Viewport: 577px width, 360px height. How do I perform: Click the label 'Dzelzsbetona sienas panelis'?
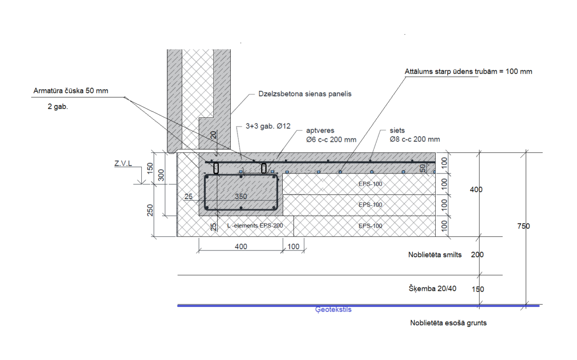point(305,94)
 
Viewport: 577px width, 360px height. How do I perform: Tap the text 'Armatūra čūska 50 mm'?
point(71,91)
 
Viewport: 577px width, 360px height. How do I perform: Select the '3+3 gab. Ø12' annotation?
point(268,126)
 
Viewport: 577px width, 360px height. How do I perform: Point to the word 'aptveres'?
point(320,131)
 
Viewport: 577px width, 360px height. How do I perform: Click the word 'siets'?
point(397,130)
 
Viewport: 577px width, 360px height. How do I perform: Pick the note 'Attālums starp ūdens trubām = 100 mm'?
point(468,71)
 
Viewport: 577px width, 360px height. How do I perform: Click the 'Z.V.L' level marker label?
point(123,163)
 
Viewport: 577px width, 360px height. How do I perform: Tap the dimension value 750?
point(524,226)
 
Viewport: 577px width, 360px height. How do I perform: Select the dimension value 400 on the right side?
point(476,189)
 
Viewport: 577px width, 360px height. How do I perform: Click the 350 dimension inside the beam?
point(241,197)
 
